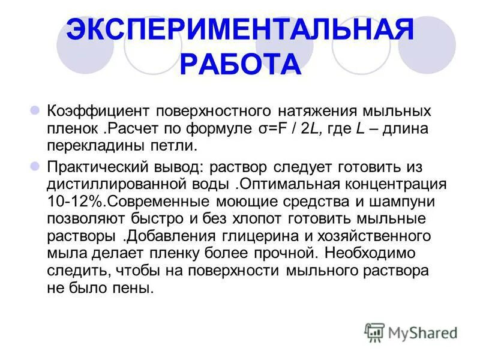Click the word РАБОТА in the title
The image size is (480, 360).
[x=239, y=64]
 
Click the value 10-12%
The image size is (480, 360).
[x=71, y=200]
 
